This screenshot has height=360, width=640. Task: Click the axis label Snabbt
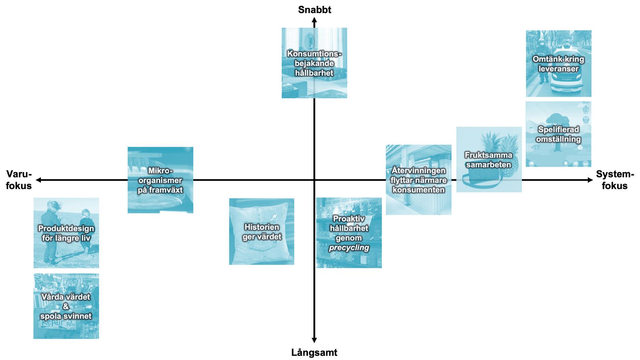click(314, 10)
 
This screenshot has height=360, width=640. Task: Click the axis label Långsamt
click(314, 352)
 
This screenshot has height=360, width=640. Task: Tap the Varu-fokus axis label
click(19, 180)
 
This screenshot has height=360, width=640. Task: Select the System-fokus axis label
click(615, 180)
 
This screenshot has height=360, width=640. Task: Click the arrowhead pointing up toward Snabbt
click(314, 20)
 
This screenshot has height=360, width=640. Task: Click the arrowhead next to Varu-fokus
click(39, 180)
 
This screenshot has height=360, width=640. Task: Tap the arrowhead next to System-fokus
click(590, 180)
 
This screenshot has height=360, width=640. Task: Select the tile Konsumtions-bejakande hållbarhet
click(314, 63)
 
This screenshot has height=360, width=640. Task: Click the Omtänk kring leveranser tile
click(558, 64)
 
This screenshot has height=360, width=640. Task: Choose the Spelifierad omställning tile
click(558, 134)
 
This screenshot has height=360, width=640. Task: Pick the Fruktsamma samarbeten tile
click(489, 160)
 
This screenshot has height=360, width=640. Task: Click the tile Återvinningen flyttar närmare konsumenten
click(418, 180)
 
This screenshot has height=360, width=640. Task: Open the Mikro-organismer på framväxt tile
click(160, 180)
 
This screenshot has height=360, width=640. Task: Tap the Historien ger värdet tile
click(261, 232)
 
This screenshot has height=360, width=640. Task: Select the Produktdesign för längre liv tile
click(66, 233)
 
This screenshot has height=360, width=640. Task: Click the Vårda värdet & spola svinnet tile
click(66, 306)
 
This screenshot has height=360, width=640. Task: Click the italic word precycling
click(349, 248)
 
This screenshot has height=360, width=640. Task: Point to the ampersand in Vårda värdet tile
click(66, 306)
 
